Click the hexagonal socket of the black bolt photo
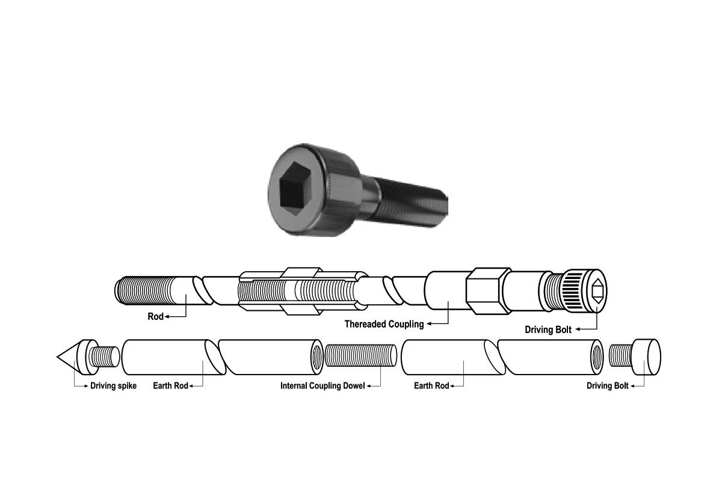(296, 188)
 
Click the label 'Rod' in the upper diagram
(155, 317)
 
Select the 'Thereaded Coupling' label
(384, 324)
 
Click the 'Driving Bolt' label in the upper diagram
(548, 330)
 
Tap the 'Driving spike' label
(114, 386)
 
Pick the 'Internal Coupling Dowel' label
(322, 386)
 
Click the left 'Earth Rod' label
(170, 386)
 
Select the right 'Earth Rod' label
(431, 386)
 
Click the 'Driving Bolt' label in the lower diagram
(608, 386)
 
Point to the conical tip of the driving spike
(57, 357)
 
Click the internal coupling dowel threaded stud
(361, 356)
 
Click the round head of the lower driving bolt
(646, 357)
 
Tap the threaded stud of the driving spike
(103, 357)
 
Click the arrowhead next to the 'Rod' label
(167, 317)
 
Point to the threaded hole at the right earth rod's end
(597, 357)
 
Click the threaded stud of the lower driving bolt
(620, 356)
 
